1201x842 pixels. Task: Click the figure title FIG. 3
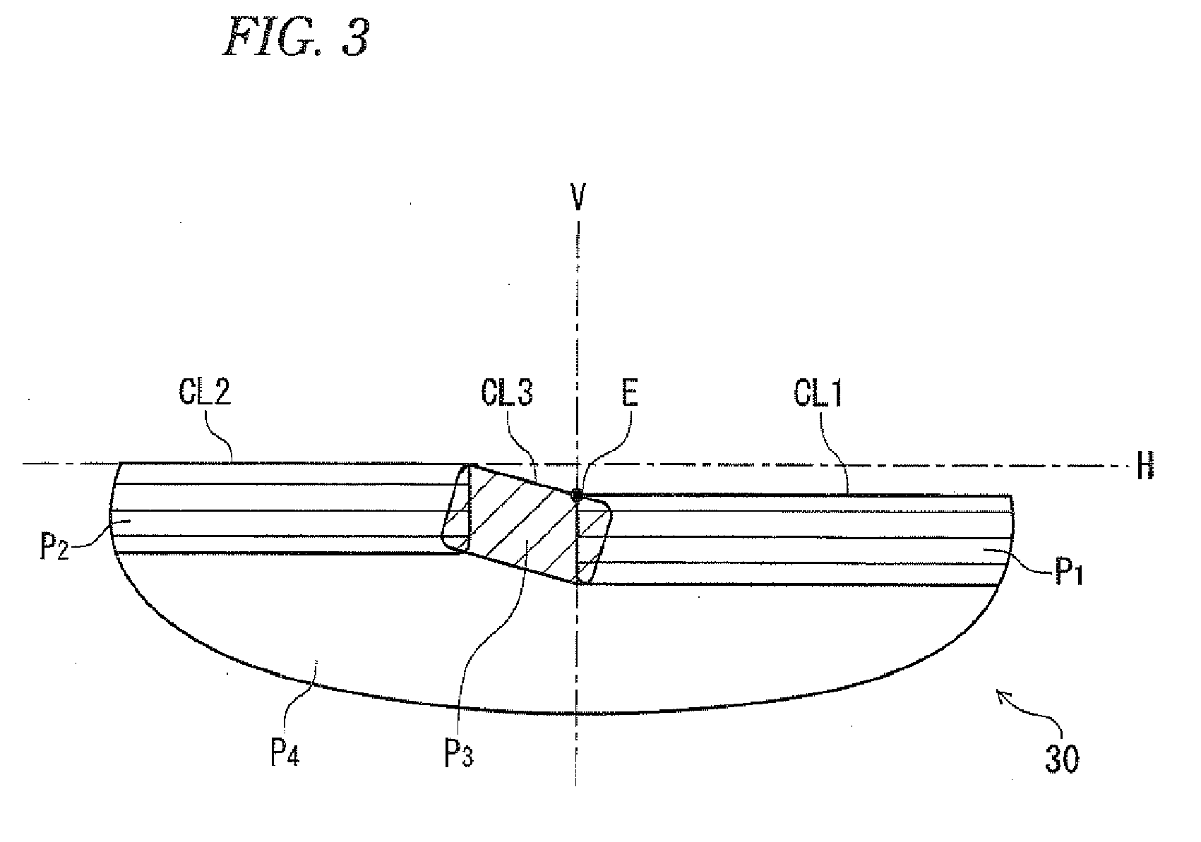pos(297,37)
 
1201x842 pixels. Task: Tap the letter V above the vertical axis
pos(578,197)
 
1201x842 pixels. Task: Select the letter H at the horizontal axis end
pos(1145,465)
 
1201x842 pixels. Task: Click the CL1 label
pos(818,394)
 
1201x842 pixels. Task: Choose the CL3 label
pos(507,392)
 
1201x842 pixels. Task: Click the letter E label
pos(630,393)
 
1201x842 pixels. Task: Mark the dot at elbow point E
pos(577,495)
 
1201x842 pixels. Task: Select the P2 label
pos(54,546)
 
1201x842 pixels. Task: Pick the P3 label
pos(459,754)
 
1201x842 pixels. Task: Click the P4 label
pos(285,752)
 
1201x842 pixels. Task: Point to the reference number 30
pos(1062,759)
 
